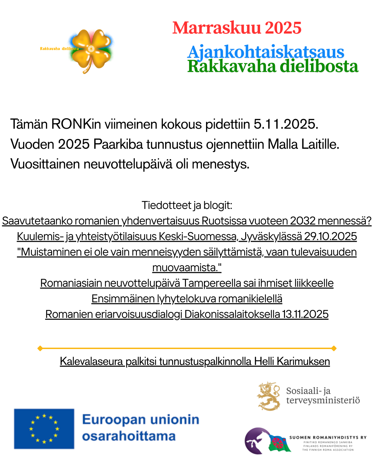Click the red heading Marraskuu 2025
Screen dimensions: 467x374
[237, 28]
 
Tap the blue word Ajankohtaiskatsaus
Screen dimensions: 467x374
[266, 52]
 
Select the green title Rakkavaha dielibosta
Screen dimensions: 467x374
[273, 66]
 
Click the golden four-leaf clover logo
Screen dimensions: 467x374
[91, 50]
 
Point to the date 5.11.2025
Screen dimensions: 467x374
[286, 124]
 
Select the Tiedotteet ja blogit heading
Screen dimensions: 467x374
[187, 205]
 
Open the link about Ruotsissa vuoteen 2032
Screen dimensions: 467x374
[187, 221]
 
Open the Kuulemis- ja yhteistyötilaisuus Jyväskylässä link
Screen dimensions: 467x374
[187, 236]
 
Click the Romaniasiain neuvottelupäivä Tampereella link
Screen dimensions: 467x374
[187, 283]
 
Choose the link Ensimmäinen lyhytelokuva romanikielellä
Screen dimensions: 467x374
[187, 299]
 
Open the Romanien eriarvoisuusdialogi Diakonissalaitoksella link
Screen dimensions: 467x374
[187, 314]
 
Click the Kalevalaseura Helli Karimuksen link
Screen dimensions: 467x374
[195, 361]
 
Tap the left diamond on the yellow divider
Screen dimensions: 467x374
[40, 348]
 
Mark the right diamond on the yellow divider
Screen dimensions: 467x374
[334, 348]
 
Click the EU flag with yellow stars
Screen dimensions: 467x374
[44, 429]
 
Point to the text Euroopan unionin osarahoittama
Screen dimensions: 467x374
[141, 428]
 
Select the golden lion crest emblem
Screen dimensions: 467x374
[269, 396]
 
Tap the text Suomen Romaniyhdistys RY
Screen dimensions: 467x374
[328, 438]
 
